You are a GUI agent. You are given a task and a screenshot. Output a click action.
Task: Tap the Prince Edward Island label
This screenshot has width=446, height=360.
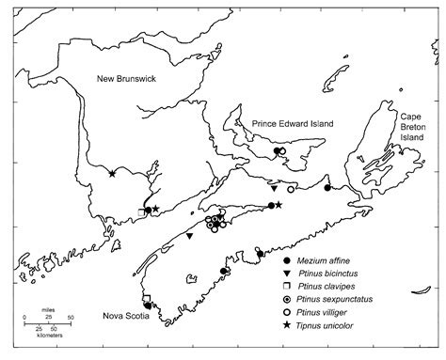coord(294,124)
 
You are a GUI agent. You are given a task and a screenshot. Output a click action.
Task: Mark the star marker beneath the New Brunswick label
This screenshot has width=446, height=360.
coord(112,173)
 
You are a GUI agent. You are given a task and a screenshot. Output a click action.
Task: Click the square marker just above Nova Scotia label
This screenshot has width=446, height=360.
coord(146,299)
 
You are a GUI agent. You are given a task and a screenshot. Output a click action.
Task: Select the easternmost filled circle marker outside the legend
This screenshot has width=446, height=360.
coord(327,188)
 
